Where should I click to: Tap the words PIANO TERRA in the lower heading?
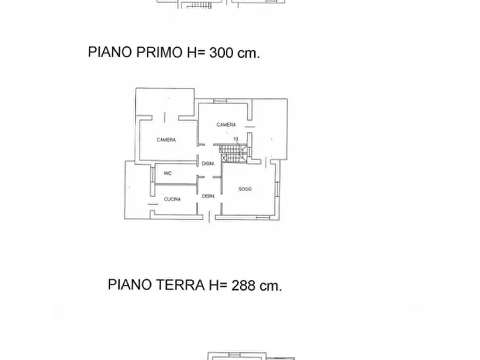(156, 285)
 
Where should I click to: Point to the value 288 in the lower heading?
(243, 285)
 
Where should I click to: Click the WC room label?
(168, 173)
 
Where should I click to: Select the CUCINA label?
(173, 199)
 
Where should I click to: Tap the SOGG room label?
(245, 189)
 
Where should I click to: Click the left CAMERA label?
(166, 140)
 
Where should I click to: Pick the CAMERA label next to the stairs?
(226, 125)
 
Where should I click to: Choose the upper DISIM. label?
(208, 164)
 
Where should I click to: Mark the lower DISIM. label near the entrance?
(208, 196)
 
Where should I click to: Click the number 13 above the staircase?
(235, 139)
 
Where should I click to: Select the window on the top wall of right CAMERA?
(219, 101)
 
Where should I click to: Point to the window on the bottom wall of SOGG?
(263, 217)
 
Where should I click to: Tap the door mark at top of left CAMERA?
(164, 116)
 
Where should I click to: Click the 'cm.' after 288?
(270, 285)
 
